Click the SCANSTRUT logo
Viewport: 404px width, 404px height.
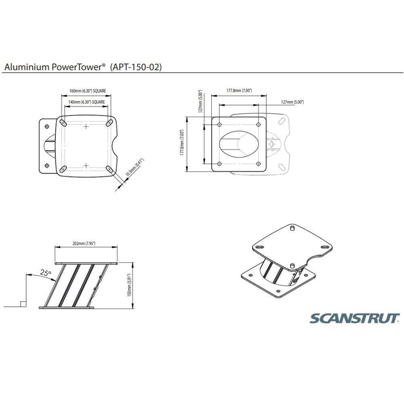(355, 318)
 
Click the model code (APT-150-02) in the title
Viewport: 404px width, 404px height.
(136, 67)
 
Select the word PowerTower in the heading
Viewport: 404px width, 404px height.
(78, 67)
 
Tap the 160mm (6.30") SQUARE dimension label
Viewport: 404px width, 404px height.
(88, 90)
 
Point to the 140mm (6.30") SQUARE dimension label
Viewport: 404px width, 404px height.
(86, 102)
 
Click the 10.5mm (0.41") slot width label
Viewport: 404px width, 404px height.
(135, 168)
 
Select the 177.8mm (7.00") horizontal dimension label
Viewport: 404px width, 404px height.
(239, 90)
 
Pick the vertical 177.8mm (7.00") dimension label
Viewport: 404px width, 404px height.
(182, 143)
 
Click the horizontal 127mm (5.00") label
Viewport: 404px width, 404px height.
(292, 102)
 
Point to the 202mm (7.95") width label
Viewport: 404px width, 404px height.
(84, 244)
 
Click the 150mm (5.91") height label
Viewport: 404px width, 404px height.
(130, 285)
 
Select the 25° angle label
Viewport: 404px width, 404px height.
(45, 272)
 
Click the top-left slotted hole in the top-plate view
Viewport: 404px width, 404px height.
(63, 123)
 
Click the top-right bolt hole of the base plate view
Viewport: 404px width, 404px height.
(259, 125)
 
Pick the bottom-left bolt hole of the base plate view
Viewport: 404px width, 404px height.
(219, 164)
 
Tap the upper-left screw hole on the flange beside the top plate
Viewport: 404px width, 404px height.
(46, 126)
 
